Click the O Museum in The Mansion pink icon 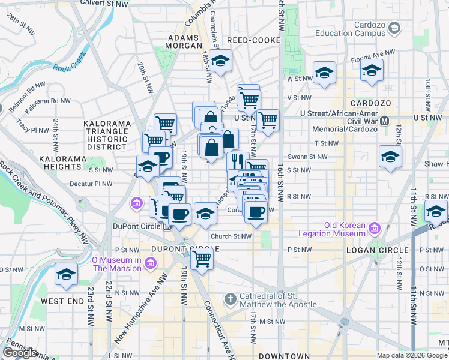[150, 263]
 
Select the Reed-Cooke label [254, 40]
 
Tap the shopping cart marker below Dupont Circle [202, 259]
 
